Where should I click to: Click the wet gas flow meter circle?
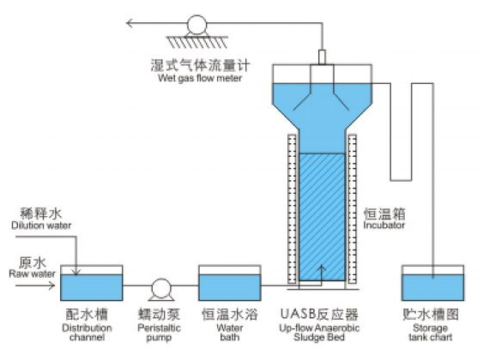tap(196, 25)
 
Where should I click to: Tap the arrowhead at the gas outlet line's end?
tap(130, 23)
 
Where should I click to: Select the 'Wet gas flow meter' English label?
tap(200, 78)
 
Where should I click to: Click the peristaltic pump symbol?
tap(161, 289)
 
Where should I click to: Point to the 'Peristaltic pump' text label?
tap(159, 333)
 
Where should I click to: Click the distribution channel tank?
tap(92, 283)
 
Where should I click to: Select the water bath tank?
tap(230, 283)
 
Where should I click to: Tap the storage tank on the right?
tap(432, 283)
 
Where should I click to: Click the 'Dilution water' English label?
tap(41, 225)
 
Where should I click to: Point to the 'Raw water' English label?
tap(32, 273)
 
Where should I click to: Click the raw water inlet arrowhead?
tap(51, 285)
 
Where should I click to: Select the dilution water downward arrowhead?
tap(75, 271)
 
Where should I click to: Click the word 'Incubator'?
tap(383, 225)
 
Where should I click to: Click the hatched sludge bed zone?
tap(322, 217)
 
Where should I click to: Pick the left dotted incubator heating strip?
tap(292, 209)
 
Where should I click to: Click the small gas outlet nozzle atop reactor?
tap(322, 57)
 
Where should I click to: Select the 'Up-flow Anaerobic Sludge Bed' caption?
tap(319, 333)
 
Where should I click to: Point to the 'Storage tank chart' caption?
tap(431, 333)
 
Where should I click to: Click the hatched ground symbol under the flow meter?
tap(197, 42)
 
